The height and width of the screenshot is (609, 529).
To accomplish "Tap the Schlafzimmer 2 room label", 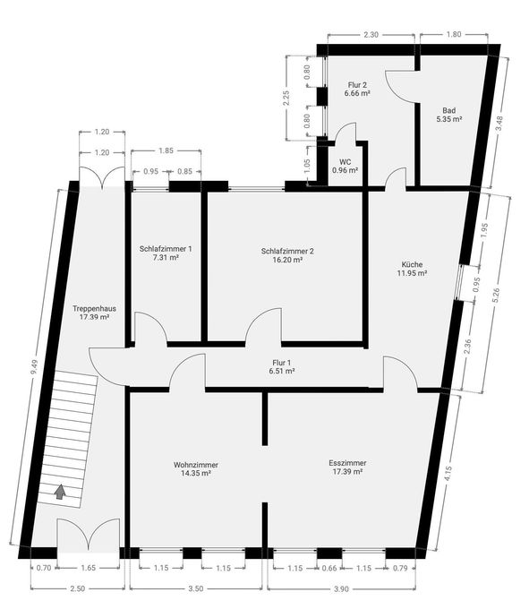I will (x=287, y=252).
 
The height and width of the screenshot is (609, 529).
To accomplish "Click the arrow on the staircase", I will (x=60, y=491).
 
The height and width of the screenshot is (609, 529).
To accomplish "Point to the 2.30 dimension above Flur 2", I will (x=371, y=33).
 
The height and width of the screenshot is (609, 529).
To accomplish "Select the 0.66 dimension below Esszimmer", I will (x=329, y=568).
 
